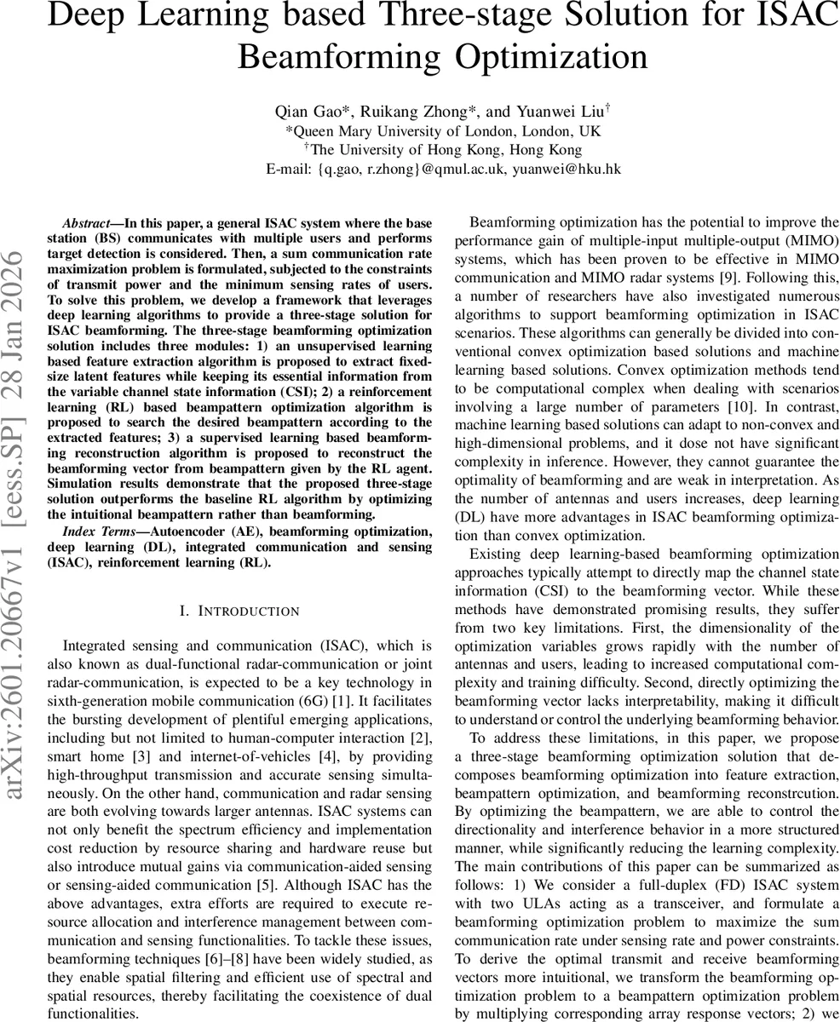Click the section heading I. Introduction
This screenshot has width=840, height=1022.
(x=240, y=611)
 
